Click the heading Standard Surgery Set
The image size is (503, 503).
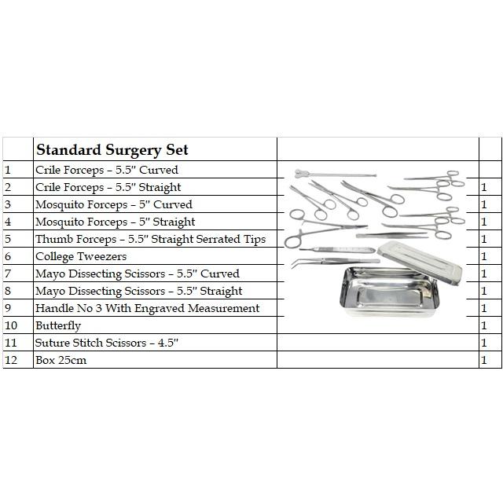click(x=112, y=149)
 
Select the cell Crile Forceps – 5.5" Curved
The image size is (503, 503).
click(x=106, y=170)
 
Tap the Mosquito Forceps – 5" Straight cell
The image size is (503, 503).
click(x=115, y=222)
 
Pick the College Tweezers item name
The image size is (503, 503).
click(x=80, y=256)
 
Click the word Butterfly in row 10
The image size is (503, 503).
click(x=58, y=325)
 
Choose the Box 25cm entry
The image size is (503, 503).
click(x=61, y=360)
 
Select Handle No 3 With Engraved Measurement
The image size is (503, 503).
click(x=147, y=308)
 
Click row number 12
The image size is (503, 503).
click(x=10, y=360)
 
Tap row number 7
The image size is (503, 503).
click(x=7, y=274)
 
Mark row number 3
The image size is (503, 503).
click(x=7, y=204)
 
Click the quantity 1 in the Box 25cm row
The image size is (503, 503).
click(x=484, y=360)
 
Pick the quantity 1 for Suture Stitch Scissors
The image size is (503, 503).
click(x=484, y=343)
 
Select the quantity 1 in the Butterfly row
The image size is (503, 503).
click(x=484, y=325)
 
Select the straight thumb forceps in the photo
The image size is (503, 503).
click(x=393, y=234)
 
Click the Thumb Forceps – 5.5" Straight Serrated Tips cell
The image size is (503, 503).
click(x=150, y=239)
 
